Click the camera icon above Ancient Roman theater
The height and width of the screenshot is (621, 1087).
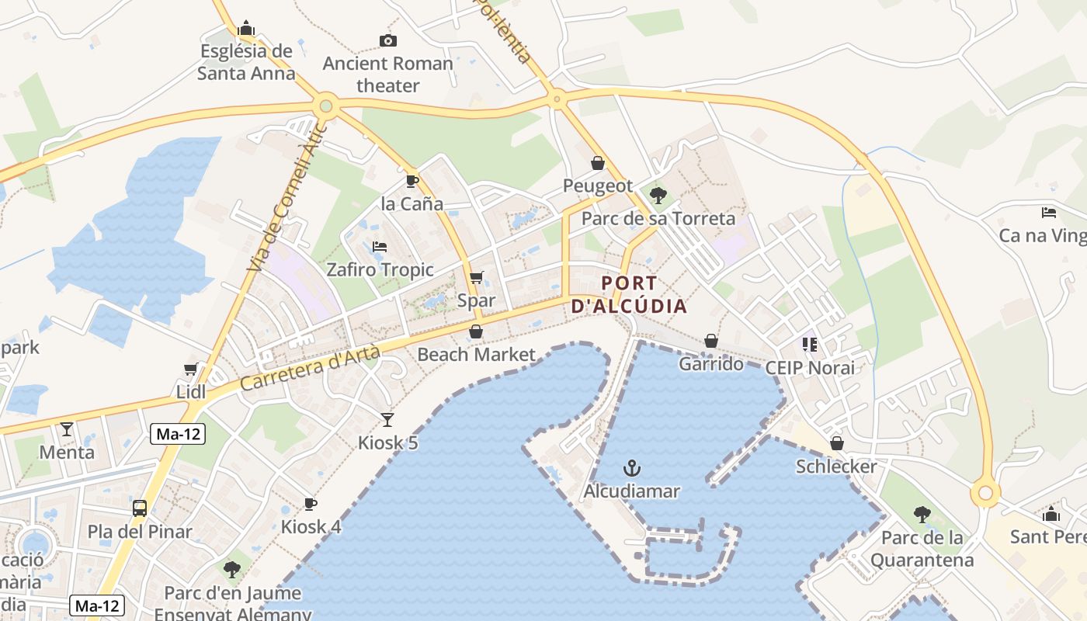tap(387, 40)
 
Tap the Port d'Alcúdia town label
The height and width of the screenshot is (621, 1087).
tap(629, 294)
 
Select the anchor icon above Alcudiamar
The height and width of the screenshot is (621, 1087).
tap(632, 467)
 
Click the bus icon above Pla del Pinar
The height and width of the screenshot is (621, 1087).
tap(140, 508)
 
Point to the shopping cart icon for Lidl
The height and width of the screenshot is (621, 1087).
tap(191, 369)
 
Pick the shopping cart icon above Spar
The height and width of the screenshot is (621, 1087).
tap(477, 277)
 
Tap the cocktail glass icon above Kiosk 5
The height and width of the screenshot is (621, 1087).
tap(387, 420)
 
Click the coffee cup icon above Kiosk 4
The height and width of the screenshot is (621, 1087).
tap(311, 505)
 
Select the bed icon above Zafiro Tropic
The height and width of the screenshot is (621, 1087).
tap(380, 247)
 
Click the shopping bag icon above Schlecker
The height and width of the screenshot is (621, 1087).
tap(836, 443)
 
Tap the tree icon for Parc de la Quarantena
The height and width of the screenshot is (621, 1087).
tap(922, 514)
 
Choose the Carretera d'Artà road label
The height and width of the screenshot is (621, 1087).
tap(309, 369)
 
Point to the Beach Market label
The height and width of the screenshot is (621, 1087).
tap(476, 355)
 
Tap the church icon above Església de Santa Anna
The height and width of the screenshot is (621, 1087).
tap(246, 29)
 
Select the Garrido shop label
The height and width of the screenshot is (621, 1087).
tap(711, 363)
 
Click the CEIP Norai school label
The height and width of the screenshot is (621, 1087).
tap(810, 367)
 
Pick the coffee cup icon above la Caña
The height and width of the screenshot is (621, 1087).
tap(412, 182)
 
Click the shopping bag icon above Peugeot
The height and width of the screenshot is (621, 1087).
tap(598, 163)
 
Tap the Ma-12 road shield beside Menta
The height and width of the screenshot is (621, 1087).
tap(178, 435)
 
